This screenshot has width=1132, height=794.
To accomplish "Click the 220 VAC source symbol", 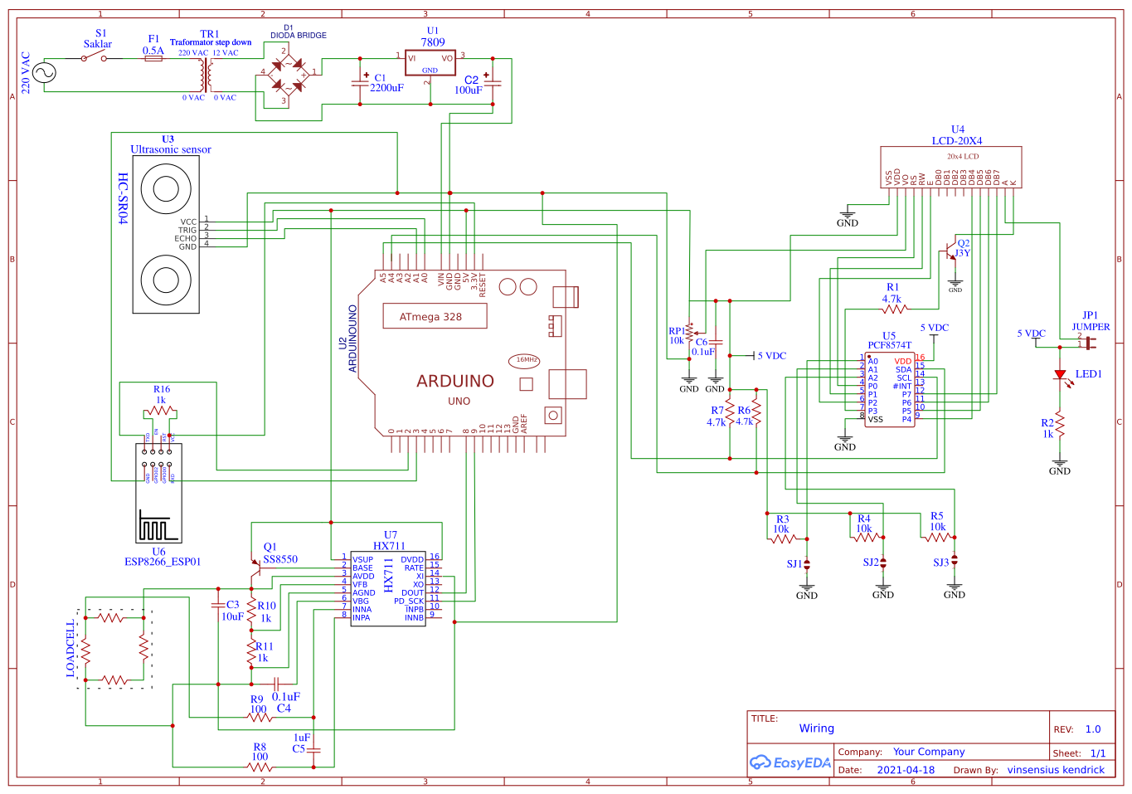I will point(44,72).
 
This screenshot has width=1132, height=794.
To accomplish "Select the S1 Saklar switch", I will point(94,58).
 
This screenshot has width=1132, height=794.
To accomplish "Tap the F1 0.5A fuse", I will point(153,58).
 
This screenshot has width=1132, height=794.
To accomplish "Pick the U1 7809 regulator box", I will point(430,63).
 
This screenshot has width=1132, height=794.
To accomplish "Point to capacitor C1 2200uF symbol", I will point(360,83).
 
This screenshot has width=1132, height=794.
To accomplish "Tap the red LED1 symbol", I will point(1059,375).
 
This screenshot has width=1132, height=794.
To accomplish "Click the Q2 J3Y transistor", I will point(951,251).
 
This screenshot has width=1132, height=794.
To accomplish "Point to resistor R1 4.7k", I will point(894,309).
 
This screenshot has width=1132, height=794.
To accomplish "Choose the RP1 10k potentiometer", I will point(689,334).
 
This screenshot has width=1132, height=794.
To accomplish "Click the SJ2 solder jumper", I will point(883,563).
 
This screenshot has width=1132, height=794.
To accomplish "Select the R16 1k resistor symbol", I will point(160,412).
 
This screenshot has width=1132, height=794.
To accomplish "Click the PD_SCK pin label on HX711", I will point(409,601).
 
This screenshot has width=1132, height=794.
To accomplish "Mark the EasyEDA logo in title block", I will point(789,762).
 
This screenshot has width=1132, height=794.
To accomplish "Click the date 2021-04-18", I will point(905,770).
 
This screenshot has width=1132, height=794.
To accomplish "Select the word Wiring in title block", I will point(816,728).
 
